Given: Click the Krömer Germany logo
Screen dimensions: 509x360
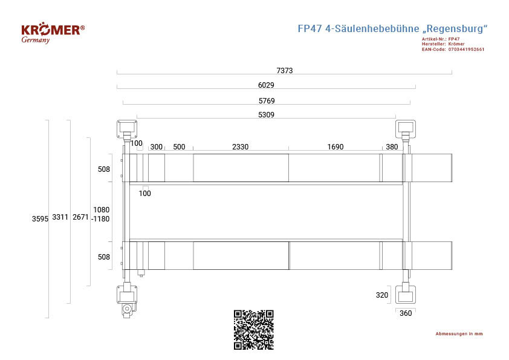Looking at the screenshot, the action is pyautogui.click(x=53, y=33).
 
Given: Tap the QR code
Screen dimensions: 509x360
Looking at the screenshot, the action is pyautogui.click(x=254, y=330).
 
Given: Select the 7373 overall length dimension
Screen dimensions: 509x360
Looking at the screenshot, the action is pyautogui.click(x=285, y=71).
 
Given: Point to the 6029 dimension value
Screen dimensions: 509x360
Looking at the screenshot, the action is pyautogui.click(x=266, y=85).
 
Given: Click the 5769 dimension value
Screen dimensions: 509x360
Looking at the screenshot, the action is pyautogui.click(x=267, y=100).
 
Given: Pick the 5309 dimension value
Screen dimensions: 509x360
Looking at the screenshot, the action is pyautogui.click(x=266, y=115).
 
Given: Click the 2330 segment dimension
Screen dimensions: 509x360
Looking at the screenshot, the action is pyautogui.click(x=240, y=147).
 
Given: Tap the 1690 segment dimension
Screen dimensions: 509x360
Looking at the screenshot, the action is pyautogui.click(x=336, y=147).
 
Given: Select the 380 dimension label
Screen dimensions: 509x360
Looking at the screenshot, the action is pyautogui.click(x=392, y=147).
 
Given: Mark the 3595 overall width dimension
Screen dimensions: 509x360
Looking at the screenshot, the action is pyautogui.click(x=40, y=218).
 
